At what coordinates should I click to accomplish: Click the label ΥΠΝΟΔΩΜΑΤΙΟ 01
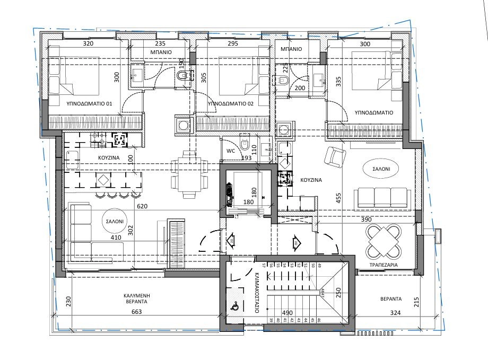tap(89, 103)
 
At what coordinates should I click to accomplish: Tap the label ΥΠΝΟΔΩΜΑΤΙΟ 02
tap(231, 103)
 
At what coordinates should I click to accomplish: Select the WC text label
tap(231, 151)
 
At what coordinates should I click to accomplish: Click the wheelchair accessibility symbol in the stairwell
tap(234, 306)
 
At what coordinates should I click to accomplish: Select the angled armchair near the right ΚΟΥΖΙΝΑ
tap(335, 156)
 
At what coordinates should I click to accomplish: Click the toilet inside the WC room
tap(245, 144)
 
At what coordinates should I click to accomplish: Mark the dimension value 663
tap(137, 313)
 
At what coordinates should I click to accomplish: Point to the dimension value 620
tap(141, 206)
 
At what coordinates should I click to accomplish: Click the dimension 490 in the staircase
tap(287, 313)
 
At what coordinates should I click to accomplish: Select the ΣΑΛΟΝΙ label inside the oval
tap(380, 169)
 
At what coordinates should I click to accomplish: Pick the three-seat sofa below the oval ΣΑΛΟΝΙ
tap(381, 197)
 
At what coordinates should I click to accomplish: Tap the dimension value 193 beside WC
tap(246, 158)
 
